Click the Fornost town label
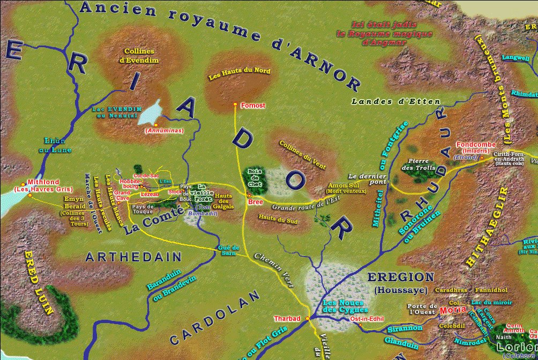[x=253, y=106]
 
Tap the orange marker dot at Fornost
[x=235, y=104]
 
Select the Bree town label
[x=255, y=202]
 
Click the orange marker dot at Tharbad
[x=308, y=319]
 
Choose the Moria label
[x=450, y=311]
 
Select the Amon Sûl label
[x=339, y=185]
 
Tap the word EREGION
[x=400, y=277]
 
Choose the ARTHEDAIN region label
[x=133, y=258]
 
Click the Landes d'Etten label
[x=396, y=101]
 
